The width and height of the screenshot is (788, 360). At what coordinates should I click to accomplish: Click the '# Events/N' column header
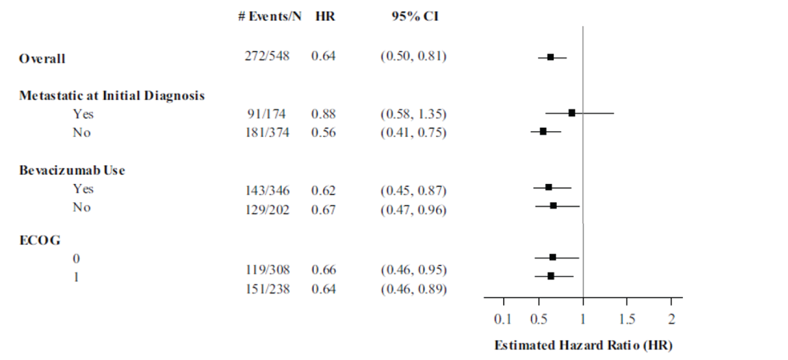point(269,16)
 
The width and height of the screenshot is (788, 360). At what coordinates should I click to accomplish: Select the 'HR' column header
point(325,16)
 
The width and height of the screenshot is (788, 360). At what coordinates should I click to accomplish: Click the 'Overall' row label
point(42,59)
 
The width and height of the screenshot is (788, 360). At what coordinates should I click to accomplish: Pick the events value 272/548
point(267,56)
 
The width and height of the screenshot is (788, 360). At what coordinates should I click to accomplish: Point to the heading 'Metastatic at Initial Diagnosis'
point(112,96)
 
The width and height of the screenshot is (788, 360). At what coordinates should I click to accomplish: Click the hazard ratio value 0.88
point(323,114)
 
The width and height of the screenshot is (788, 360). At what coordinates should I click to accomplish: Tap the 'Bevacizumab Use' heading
point(72,170)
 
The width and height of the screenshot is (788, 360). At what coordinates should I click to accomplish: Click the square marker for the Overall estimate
point(550,57)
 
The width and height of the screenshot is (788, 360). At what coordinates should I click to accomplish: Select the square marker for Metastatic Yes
point(572,113)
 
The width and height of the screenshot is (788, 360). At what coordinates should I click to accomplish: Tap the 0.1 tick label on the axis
point(503,320)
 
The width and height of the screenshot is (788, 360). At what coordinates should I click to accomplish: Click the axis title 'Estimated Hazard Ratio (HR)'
point(583,345)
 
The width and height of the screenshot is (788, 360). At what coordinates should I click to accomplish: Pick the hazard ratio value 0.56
point(323,133)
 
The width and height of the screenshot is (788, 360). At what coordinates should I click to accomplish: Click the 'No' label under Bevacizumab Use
point(81,207)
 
